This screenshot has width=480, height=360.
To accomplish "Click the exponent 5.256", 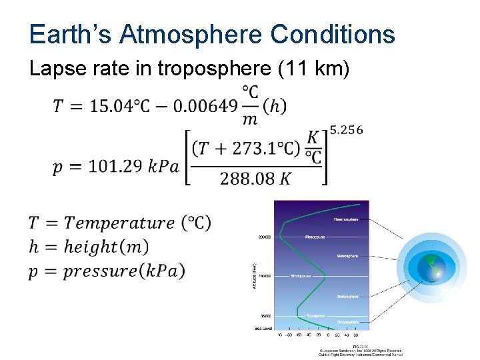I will [x=347, y=130].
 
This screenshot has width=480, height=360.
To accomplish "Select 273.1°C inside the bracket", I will [x=264, y=149].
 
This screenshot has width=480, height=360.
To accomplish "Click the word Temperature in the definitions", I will [x=120, y=223].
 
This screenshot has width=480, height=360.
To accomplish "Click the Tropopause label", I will [x=315, y=315].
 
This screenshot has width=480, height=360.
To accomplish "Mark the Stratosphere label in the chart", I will [x=347, y=296].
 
